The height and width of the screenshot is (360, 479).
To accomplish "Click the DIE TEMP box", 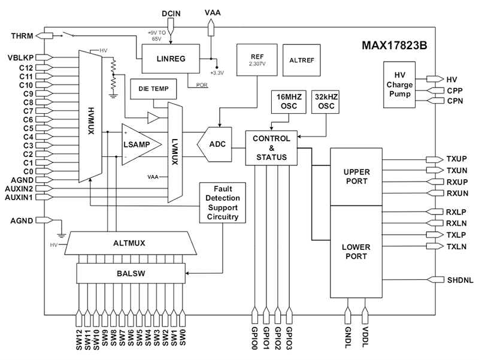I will click(x=153, y=90).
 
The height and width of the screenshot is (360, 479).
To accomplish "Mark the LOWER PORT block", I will click(x=356, y=251).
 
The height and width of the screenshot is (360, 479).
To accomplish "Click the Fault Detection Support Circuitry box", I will click(x=223, y=202).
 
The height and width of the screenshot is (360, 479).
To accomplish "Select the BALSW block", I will click(x=131, y=274).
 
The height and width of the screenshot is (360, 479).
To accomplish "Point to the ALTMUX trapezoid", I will click(x=131, y=243).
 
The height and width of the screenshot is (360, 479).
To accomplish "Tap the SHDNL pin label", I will click(x=460, y=279).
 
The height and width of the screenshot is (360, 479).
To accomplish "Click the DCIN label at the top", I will click(x=172, y=11).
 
